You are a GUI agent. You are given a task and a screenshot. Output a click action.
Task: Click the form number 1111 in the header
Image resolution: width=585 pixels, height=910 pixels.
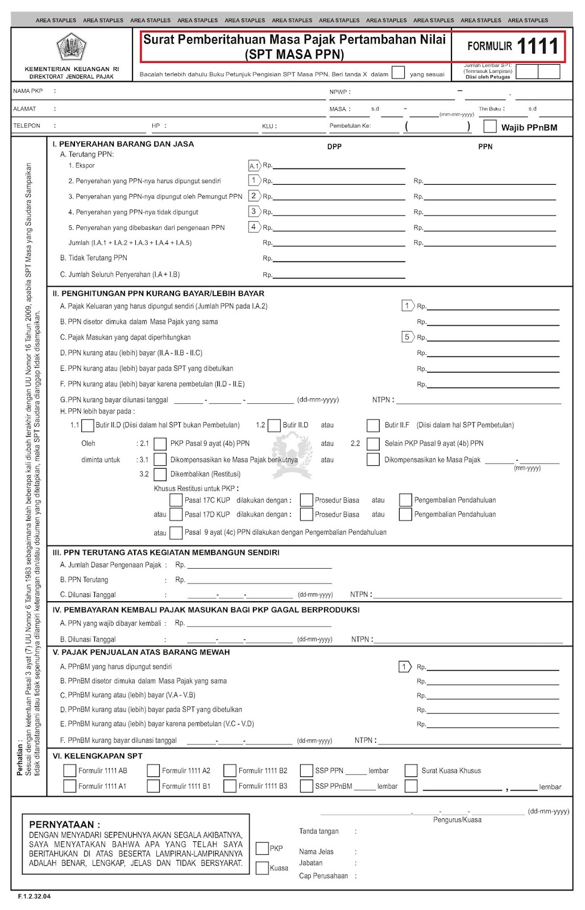click(538, 46)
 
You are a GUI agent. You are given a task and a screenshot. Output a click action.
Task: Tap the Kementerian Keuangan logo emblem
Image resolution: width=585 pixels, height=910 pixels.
click(72, 47)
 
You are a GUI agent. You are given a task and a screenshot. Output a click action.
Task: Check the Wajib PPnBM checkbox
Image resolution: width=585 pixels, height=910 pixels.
click(489, 126)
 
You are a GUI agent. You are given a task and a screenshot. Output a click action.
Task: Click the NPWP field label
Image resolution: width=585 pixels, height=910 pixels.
click(339, 92)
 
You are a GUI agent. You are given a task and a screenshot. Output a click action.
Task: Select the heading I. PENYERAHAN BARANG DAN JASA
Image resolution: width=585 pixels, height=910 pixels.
click(123, 144)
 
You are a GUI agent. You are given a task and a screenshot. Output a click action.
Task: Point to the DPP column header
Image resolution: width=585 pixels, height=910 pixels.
click(334, 147)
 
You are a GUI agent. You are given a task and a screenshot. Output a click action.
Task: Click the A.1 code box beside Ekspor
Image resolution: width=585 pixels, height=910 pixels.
click(254, 166)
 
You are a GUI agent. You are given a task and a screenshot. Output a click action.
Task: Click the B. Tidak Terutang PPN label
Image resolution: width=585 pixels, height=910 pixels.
click(94, 258)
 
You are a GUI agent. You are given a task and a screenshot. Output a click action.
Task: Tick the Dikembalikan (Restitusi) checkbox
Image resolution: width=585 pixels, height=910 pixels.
click(160, 474)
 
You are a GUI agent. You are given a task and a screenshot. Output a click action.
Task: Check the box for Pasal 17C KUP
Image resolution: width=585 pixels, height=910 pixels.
click(176, 500)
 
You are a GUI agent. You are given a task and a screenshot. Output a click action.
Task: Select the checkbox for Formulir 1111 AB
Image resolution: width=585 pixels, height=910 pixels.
click(70, 771)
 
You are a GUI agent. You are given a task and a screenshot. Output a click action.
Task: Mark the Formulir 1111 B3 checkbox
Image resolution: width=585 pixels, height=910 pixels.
click(230, 786)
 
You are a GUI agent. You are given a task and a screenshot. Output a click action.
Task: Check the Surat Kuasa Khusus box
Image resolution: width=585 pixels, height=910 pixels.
click(411, 771)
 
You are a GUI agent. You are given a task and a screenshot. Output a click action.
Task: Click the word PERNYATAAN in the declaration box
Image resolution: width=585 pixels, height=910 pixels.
click(64, 824)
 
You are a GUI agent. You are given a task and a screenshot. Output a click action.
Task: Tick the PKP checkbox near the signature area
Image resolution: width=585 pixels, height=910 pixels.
click(262, 849)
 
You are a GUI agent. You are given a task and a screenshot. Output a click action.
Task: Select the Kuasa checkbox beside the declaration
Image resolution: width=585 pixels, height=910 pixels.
click(262, 868)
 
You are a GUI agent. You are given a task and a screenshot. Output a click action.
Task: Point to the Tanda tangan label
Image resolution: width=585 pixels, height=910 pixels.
click(319, 832)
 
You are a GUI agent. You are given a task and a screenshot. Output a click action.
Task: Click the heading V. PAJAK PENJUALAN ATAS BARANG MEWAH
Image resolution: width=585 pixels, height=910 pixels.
click(142, 652)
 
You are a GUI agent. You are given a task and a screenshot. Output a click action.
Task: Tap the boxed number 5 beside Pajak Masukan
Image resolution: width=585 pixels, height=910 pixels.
click(407, 337)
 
